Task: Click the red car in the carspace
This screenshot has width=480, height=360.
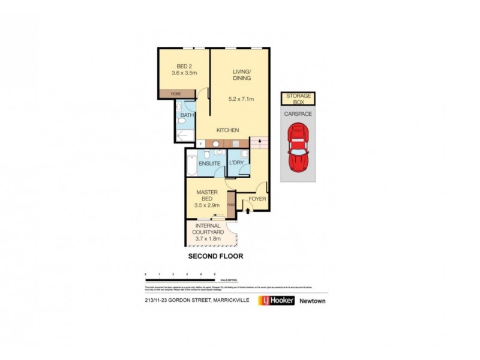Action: coord(298,147)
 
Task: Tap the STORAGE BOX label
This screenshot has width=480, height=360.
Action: coord(298,99)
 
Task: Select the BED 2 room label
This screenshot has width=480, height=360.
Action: coord(185,66)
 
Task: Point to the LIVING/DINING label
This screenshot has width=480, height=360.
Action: coord(242,75)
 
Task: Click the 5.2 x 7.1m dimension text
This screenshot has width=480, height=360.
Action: coord(242,99)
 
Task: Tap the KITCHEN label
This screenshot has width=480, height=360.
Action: coord(228,130)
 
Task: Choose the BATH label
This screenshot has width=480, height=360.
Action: coord(188,115)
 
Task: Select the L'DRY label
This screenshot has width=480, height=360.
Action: coord(235,163)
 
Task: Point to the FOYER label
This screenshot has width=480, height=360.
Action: coord(257,199)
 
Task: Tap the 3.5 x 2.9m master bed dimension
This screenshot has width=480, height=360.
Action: coord(208,205)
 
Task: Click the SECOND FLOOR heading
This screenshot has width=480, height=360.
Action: coord(215,256)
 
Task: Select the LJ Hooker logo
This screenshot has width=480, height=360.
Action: coord(276,301)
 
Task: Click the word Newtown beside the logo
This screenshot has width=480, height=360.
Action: coord(312,301)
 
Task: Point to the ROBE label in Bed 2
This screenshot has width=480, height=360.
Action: coord(176,94)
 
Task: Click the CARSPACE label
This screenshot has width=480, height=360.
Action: coord(298,113)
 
